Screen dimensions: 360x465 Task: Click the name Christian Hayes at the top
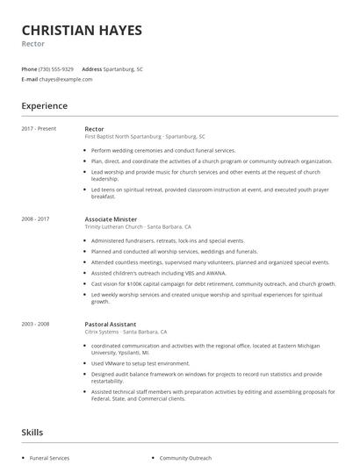coord(81,30)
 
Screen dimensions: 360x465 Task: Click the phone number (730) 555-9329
coord(56,68)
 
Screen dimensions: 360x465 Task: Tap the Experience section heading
coord(44,106)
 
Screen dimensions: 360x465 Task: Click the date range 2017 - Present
coord(39,129)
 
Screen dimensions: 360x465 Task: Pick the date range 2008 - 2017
coord(36,218)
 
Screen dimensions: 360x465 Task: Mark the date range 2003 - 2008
coord(36,324)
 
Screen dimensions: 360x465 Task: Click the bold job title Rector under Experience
coord(96,129)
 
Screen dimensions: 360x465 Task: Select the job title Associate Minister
coord(112,218)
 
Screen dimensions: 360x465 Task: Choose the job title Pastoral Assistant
coord(112,324)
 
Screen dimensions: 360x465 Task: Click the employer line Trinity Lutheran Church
coord(138,226)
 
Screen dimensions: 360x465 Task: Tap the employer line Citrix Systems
coord(130,333)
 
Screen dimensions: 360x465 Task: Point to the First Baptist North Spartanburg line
coord(145,138)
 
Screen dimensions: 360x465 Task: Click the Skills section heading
coord(33,432)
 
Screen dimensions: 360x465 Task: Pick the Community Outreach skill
coord(186,458)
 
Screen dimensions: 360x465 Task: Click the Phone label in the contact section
coord(30,68)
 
